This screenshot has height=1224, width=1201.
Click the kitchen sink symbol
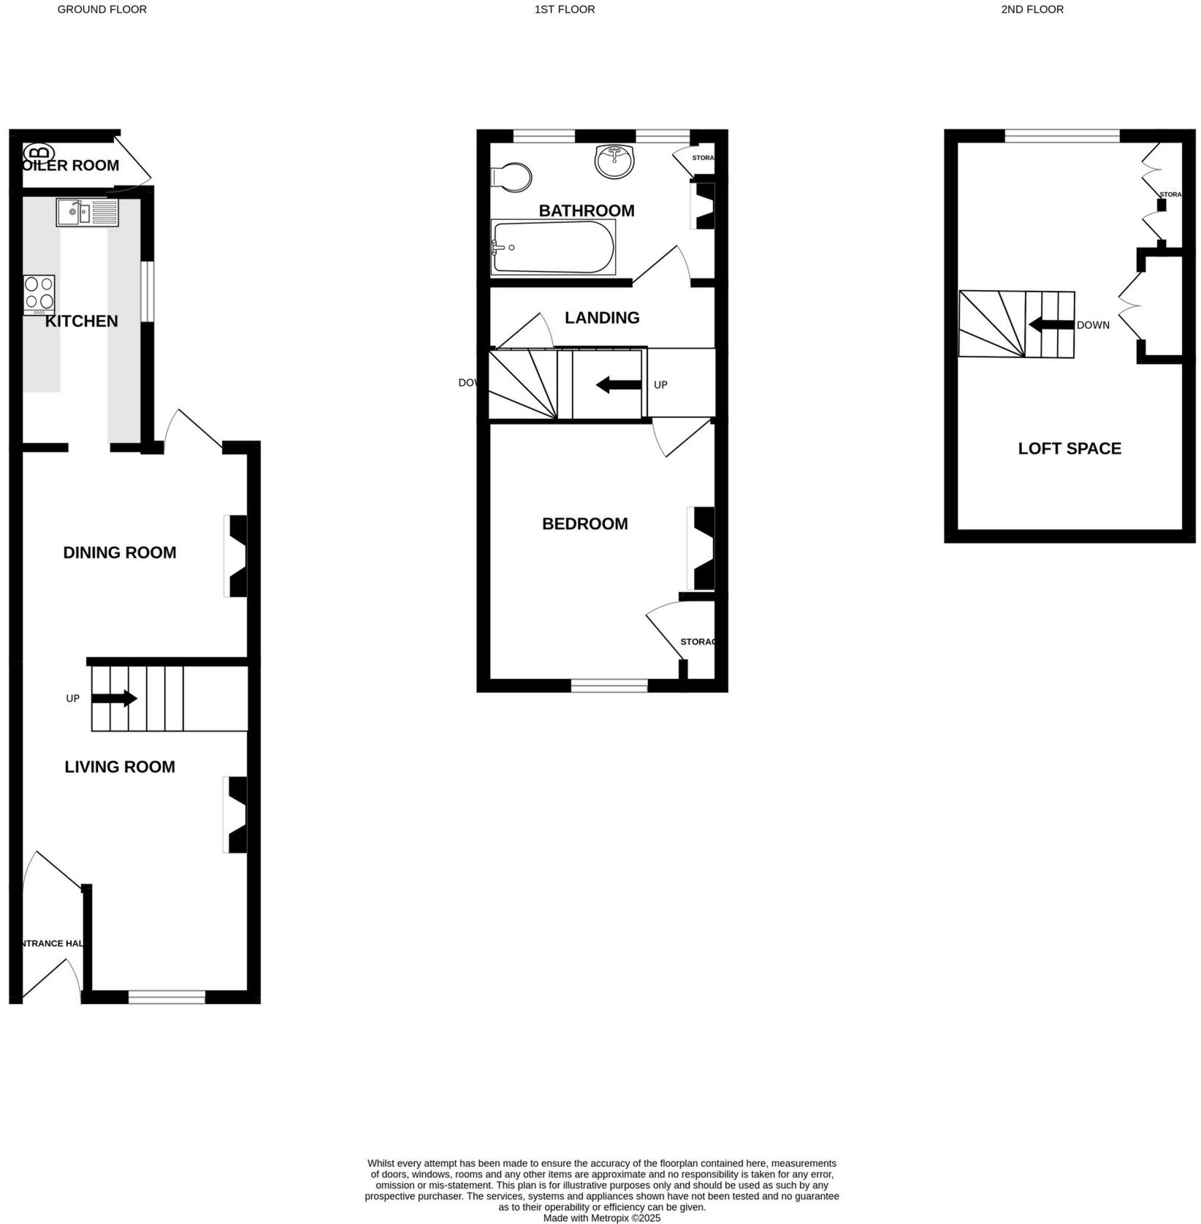tap(87, 213)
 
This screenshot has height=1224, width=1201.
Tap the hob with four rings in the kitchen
tap(39, 294)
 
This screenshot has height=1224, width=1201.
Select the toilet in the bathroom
tap(512, 178)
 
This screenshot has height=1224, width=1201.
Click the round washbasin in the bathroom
tap(614, 161)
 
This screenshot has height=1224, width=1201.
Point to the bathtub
tap(553, 247)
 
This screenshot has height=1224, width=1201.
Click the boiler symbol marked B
tap(39, 153)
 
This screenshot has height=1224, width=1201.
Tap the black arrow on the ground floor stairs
tap(114, 699)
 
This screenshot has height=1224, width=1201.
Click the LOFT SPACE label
tap(1069, 449)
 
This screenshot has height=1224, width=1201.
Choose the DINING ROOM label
tap(120, 553)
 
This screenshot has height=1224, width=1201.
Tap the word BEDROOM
tap(584, 524)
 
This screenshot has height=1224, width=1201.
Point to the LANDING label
tap(602, 318)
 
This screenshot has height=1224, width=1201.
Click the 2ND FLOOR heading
tap(1032, 9)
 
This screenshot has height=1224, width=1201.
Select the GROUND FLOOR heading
tap(102, 9)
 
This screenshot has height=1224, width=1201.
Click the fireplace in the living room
tap(237, 815)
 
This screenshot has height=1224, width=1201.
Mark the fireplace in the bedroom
tap(702, 548)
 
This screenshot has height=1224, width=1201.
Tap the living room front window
tap(167, 997)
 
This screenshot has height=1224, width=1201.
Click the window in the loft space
tap(1061, 136)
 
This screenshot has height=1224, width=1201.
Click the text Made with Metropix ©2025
tap(601, 1218)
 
